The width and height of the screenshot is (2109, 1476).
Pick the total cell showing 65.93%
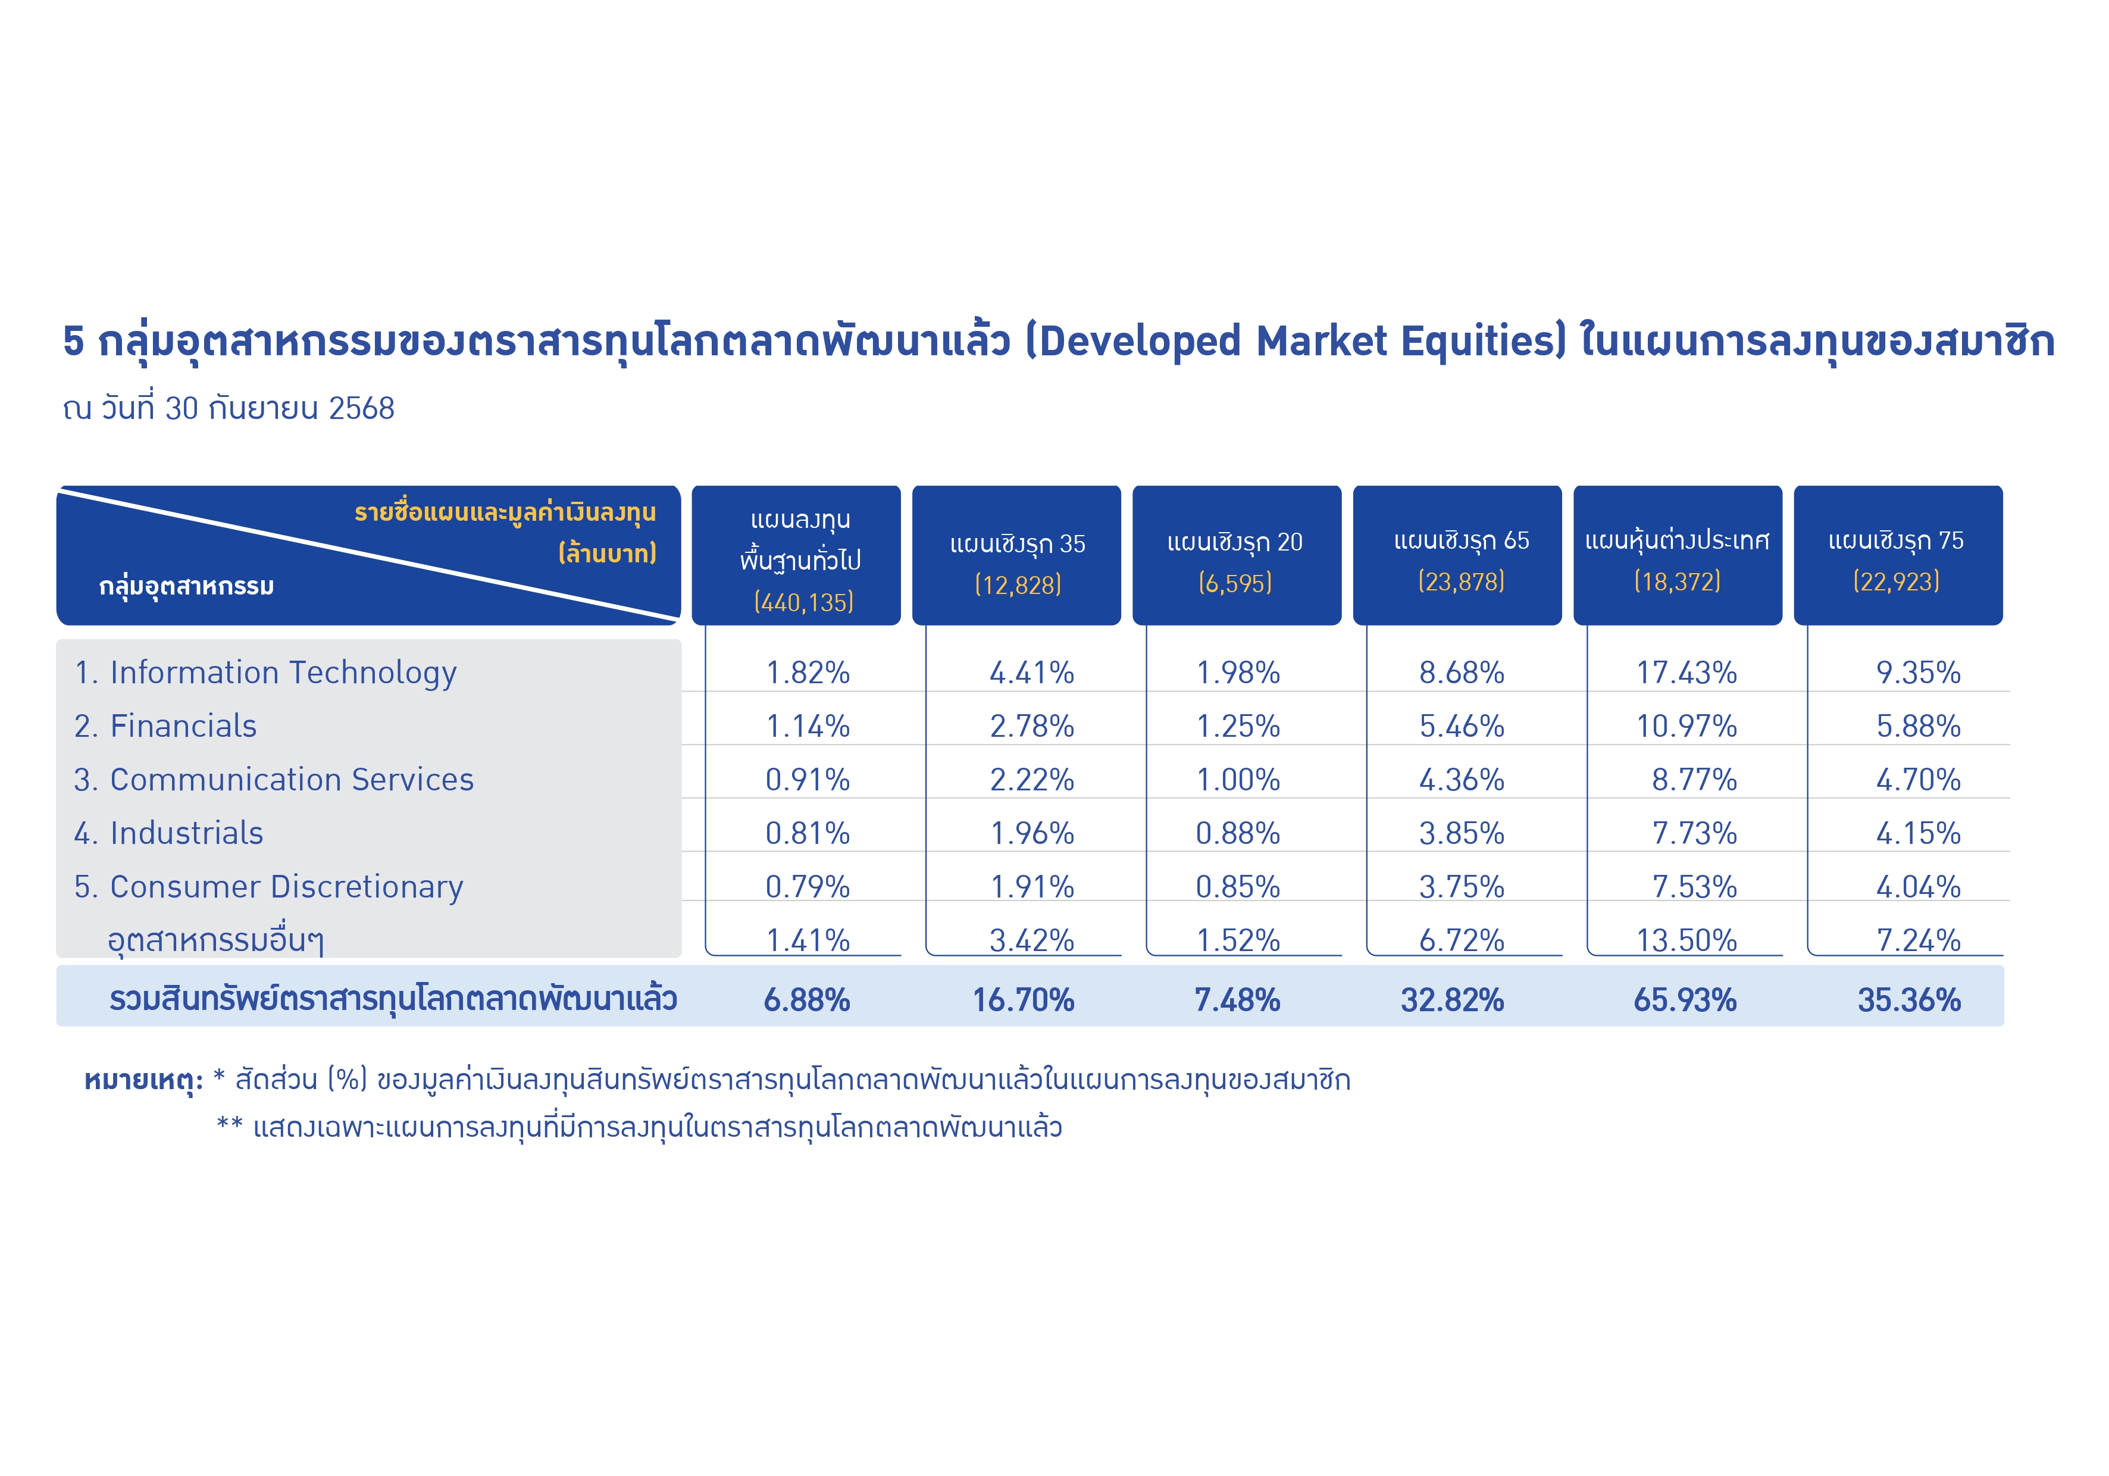point(1685,999)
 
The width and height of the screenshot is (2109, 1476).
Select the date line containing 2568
point(229,408)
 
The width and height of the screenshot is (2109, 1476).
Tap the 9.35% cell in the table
point(1918,673)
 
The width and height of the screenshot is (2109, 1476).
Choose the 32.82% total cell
point(1452,999)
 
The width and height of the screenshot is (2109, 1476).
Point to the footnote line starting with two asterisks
point(639,1127)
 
